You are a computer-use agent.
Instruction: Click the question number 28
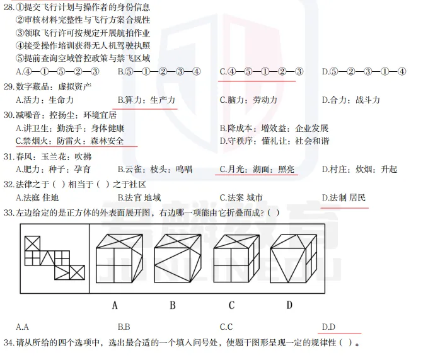point(8,7)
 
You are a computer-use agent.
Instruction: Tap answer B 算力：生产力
point(146,100)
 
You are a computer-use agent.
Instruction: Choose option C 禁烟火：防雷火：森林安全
point(69,141)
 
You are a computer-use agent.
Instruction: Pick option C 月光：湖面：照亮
point(257,169)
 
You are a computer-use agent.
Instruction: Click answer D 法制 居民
point(344,198)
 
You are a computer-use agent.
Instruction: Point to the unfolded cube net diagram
point(54,257)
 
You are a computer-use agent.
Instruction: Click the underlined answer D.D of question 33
point(328,327)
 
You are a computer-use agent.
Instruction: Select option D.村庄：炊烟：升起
point(359,169)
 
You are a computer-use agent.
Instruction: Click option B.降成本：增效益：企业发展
point(274,128)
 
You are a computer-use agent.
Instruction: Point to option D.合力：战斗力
point(350,100)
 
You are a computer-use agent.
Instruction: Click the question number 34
point(8,343)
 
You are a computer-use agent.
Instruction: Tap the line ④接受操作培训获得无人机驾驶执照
point(83,45)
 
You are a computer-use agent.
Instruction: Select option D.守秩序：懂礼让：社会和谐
point(274,141)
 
